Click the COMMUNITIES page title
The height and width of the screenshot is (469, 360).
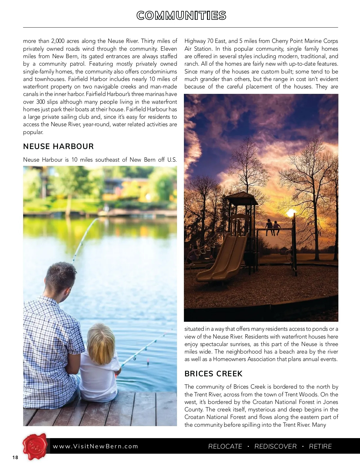point(181,16)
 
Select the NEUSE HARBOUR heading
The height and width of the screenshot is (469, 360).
point(58,146)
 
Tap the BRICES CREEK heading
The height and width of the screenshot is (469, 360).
point(213,374)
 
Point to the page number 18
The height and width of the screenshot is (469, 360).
point(15,458)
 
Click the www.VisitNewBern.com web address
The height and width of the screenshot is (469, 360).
point(95,446)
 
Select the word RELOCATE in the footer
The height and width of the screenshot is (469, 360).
point(225,447)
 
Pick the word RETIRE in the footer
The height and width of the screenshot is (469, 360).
point(320,447)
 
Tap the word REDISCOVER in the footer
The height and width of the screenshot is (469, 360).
point(275,447)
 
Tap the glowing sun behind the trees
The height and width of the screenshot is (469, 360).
point(290,214)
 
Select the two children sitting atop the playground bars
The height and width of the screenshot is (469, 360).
point(273,226)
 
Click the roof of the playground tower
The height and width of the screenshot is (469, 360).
point(241,198)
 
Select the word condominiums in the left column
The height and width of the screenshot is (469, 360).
point(159,72)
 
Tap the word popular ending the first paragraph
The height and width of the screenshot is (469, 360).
point(33,132)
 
